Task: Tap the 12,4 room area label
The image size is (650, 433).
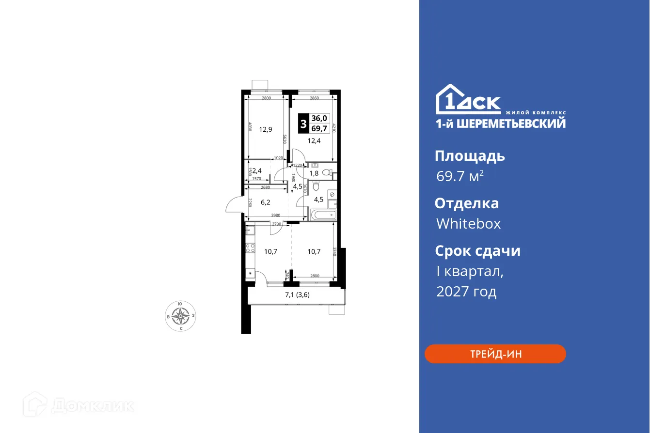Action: coord(315,141)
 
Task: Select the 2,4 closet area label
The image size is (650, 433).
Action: coord(257,170)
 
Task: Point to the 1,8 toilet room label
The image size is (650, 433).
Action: coord(314,173)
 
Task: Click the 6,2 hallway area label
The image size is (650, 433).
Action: coord(265,202)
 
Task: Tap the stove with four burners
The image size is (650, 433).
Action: coord(251,248)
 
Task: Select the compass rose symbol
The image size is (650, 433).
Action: coord(181,316)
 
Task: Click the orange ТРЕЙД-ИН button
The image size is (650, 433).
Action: coord(495,354)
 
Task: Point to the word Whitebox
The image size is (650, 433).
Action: coord(468,224)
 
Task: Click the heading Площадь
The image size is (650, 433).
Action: coord(470,156)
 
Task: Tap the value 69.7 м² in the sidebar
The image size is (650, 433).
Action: coord(460,176)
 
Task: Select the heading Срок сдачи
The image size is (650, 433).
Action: coord(477,251)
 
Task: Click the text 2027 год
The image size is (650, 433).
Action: coord(466,292)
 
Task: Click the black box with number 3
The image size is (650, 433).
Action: coord(303,124)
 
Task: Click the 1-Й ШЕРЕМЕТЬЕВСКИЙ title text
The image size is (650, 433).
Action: coord(500,124)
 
